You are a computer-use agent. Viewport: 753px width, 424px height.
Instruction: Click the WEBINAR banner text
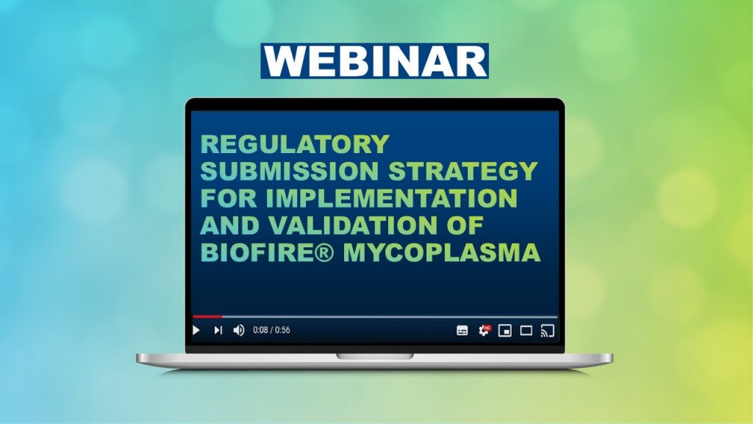(374, 61)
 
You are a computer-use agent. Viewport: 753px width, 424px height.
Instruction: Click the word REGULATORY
(295, 145)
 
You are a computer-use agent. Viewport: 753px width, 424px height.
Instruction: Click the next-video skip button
(218, 331)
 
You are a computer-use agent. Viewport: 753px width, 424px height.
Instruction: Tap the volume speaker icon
(238, 331)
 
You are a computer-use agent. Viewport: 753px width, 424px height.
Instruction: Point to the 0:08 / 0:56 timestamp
(271, 331)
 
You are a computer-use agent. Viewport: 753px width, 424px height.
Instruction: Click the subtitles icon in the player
(462, 331)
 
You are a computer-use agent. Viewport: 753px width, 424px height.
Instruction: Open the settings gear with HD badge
(484, 331)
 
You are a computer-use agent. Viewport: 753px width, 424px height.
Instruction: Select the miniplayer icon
(504, 331)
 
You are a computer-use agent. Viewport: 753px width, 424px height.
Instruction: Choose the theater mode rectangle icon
(526, 331)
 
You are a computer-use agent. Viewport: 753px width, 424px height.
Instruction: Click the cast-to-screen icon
(546, 331)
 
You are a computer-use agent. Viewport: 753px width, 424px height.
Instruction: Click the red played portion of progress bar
(206, 317)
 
